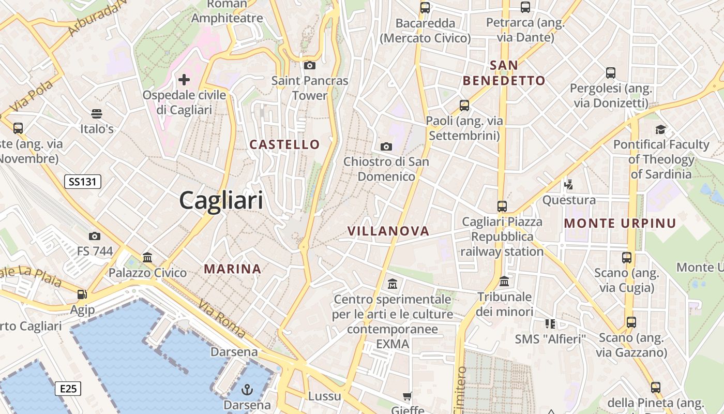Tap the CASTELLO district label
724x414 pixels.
[285, 144]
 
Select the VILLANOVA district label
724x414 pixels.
[388, 231]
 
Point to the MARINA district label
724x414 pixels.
[232, 269]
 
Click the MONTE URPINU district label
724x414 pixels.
[620, 224]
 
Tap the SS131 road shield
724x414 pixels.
[83, 182]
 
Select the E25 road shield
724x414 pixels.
[68, 388]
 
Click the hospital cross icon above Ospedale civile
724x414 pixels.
[184, 80]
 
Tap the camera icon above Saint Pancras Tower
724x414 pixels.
[310, 65]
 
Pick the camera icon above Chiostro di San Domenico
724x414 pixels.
[386, 146]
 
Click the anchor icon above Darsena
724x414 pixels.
[247, 389]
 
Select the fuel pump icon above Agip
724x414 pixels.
[82, 294]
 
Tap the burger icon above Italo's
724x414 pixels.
[97, 113]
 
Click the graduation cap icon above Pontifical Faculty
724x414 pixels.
[660, 129]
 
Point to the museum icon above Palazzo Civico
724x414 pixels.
[147, 257]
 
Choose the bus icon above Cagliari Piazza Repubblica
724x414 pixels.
[502, 206]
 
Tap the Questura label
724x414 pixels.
[569, 200]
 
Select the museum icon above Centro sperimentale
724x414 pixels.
[392, 284]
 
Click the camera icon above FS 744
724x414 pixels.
[95, 236]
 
